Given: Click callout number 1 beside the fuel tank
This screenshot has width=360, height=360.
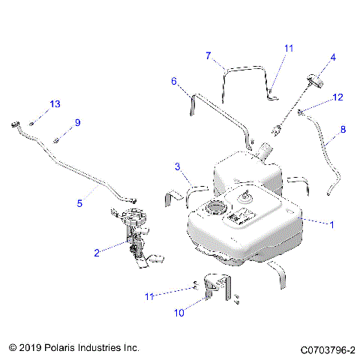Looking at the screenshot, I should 331,223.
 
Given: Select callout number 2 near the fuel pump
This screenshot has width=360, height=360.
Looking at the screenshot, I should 97,253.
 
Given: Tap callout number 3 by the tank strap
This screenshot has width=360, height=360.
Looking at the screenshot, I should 177,166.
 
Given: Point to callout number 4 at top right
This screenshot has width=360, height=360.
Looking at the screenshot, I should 333,57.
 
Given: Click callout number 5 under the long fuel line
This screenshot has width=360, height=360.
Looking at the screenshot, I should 79,202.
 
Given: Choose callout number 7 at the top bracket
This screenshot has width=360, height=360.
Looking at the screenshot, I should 209,55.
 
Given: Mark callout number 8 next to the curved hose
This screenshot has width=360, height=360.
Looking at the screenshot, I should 343,129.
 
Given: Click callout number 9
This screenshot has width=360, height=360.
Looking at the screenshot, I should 76,122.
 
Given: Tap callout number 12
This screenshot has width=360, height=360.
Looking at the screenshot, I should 337,97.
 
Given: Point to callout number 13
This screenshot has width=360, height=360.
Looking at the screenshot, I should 54,103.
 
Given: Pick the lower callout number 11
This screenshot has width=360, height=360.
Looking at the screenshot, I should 150,296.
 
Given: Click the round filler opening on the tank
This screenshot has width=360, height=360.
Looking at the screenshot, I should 217,207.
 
